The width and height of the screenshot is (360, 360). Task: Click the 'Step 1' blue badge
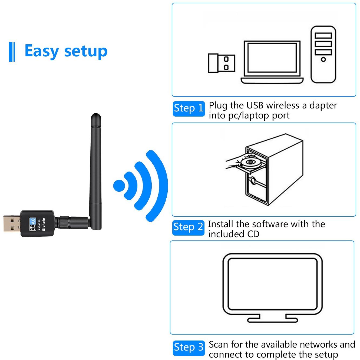[189, 108]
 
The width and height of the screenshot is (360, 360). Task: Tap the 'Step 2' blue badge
[188, 227]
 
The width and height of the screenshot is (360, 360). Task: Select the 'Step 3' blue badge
[189, 348]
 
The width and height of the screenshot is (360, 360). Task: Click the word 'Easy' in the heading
[41, 51]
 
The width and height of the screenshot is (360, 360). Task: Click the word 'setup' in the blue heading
[86, 51]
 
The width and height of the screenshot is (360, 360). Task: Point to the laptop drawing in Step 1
[272, 62]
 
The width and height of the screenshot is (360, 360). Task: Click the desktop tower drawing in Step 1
[323, 54]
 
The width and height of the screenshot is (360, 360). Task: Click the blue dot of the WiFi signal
[119, 186]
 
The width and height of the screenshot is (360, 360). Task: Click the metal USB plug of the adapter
[12, 223]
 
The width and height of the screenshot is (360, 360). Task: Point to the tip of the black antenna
[95, 117]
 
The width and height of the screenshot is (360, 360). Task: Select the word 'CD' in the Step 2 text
[253, 234]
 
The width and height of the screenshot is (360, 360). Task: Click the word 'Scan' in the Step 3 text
[219, 345]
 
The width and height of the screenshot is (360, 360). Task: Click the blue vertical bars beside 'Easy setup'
[12, 52]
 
